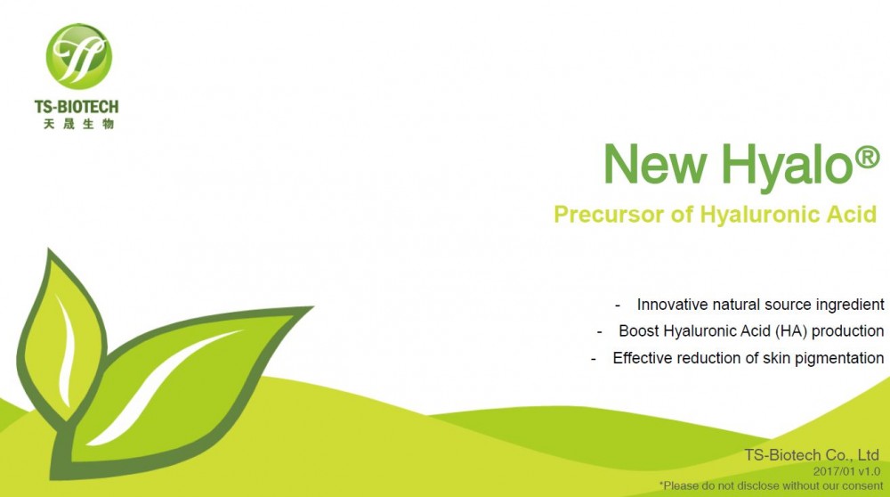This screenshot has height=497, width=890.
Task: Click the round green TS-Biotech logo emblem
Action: pyautogui.click(x=79, y=56)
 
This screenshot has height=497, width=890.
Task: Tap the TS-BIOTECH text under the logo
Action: pyautogui.click(x=77, y=107)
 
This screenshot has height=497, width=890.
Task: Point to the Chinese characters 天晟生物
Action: pyautogui.click(x=79, y=124)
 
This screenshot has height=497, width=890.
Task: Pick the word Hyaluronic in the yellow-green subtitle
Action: pyautogui.click(x=760, y=215)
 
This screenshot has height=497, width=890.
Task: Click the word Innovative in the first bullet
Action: pyautogui.click(x=671, y=305)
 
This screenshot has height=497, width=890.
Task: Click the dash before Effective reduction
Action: pyautogui.click(x=594, y=359)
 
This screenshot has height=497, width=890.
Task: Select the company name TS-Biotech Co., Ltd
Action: pyautogui.click(x=812, y=455)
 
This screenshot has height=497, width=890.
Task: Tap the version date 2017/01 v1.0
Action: pyautogui.click(x=846, y=471)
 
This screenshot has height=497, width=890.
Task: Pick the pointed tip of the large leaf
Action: pyautogui.click(x=312, y=307)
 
